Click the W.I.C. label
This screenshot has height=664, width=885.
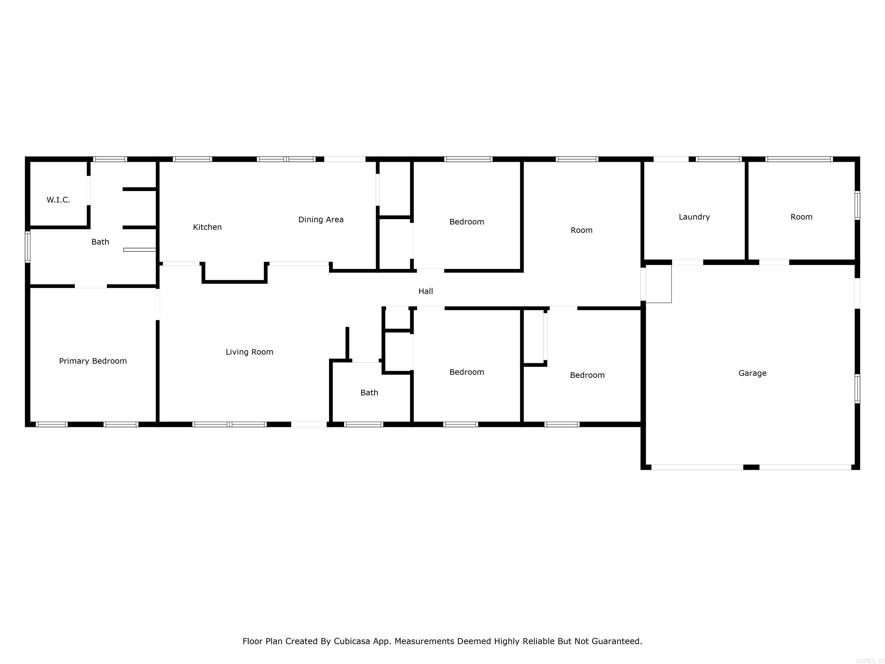pos(58,200)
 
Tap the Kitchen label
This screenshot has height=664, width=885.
pos(207,227)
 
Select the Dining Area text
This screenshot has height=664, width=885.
pos(321,219)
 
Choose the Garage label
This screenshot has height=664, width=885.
pos(752,373)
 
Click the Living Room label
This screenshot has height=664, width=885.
pos(249,352)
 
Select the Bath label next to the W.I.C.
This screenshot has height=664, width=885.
pos(100,242)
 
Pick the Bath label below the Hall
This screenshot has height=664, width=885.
pos(369,392)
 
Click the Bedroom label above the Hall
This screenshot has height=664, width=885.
pos(466,221)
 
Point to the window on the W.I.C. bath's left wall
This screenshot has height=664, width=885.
pos(28,247)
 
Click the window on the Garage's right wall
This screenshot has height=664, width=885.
pos(857,388)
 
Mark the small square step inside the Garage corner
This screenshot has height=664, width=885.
pos(659,284)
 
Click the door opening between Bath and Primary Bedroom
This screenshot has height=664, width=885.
pos(91,286)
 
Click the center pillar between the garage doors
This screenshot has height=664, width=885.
pos(751,467)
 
